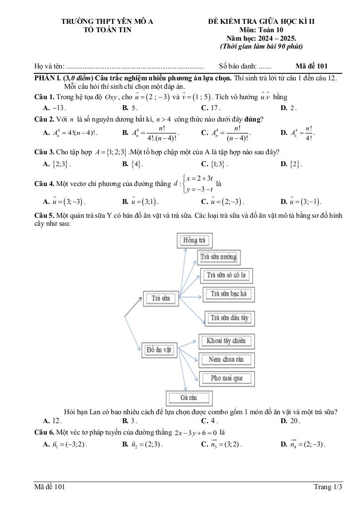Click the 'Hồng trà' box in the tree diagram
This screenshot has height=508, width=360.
point(194,241)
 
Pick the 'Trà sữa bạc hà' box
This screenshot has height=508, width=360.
point(228,294)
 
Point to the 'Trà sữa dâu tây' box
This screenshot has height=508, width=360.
point(229,318)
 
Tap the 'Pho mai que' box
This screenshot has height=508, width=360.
point(226,379)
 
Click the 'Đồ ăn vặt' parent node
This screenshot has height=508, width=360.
point(158,350)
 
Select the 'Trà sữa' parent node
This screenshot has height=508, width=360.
point(161,298)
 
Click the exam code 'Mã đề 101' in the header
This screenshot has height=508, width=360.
point(311,66)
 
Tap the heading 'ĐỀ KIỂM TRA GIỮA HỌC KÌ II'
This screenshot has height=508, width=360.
point(261,22)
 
